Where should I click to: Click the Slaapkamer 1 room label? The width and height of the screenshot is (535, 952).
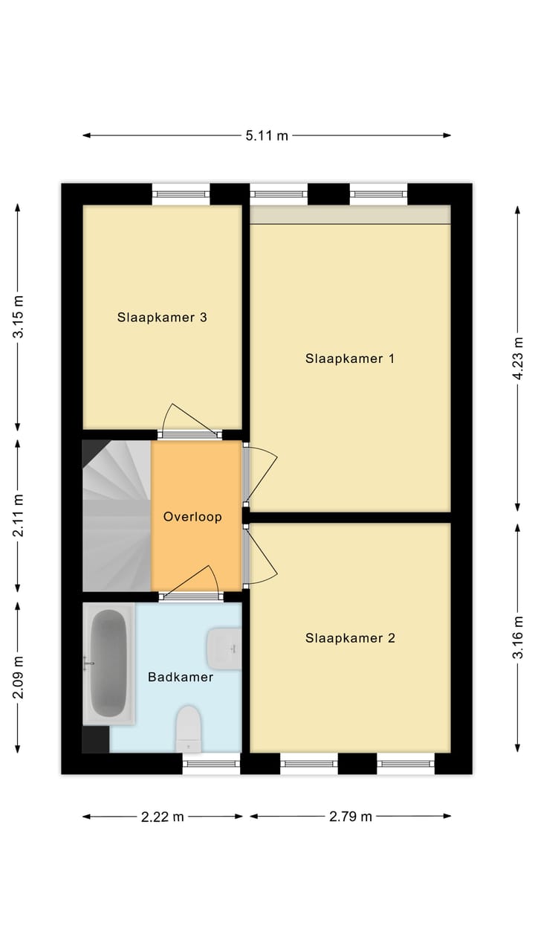click(350, 358)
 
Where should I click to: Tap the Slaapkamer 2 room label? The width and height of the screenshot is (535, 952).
click(350, 638)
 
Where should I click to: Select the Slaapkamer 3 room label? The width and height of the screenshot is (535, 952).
click(162, 318)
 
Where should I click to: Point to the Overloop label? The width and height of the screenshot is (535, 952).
click(192, 517)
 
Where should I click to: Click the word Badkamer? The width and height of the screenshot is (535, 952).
click(181, 677)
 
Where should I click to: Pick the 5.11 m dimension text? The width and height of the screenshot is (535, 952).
click(267, 135)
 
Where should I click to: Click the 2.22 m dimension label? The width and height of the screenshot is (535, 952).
click(163, 817)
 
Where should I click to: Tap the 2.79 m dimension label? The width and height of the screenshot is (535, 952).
click(351, 817)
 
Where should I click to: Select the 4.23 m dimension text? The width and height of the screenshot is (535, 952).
click(518, 358)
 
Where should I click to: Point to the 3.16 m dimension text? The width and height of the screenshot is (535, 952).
click(518, 637)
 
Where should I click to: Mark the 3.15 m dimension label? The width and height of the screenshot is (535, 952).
click(19, 317)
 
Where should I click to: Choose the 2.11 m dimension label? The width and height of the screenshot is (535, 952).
click(19, 515)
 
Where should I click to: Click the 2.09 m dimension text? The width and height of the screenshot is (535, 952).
click(19, 678)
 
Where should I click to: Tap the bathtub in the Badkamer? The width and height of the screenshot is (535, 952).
click(108, 663)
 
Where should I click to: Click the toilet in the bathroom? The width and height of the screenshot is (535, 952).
click(189, 729)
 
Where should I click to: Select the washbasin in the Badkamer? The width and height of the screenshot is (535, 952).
click(224, 649)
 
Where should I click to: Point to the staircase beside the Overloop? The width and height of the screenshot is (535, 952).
click(117, 515)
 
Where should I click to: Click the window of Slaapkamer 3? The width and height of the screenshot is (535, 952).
click(181, 194)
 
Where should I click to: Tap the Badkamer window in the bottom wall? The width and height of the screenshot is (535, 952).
click(212, 764)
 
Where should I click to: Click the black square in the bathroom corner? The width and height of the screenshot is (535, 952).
click(96, 739)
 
